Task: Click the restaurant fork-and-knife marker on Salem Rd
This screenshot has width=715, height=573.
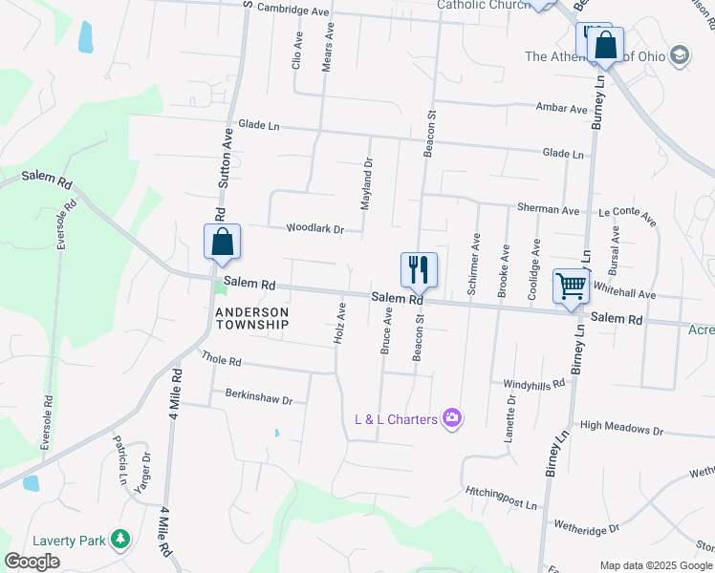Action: (x=418, y=269)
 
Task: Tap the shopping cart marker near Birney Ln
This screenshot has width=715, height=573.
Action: (x=571, y=286)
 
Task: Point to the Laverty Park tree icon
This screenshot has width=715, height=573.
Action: (x=120, y=541)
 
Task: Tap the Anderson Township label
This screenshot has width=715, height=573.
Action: (x=252, y=318)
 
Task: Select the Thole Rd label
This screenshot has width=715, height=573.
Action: (x=222, y=361)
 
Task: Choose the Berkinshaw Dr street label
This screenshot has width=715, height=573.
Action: (x=258, y=393)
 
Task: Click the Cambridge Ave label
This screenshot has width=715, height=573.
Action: (x=295, y=10)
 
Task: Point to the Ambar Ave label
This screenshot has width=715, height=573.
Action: (x=562, y=109)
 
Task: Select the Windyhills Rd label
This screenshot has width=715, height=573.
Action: (x=534, y=383)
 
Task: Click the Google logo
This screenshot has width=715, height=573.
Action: (x=32, y=562)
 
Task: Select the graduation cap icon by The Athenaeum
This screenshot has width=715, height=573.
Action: (x=680, y=54)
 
